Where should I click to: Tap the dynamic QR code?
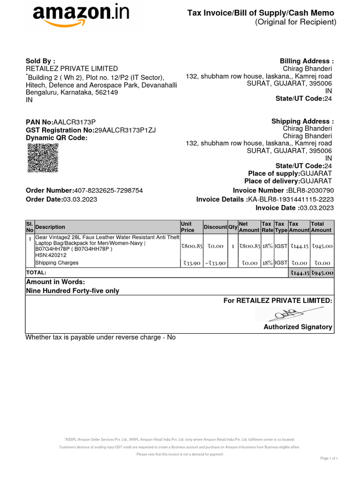(43, 158)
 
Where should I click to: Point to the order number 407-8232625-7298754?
(108, 190)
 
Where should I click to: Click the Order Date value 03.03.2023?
(80, 199)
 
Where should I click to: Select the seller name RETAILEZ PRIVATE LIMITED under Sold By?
(72, 68)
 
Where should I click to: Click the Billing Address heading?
(307, 61)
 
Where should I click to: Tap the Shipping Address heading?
(302, 121)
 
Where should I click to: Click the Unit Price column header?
(187, 227)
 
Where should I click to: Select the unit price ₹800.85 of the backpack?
(192, 246)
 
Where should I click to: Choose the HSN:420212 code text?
(51, 255)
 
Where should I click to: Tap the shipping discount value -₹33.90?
(215, 263)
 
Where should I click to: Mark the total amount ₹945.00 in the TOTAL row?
(322, 272)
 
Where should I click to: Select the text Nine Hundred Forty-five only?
(72, 291)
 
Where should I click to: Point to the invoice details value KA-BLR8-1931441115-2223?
(291, 199)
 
